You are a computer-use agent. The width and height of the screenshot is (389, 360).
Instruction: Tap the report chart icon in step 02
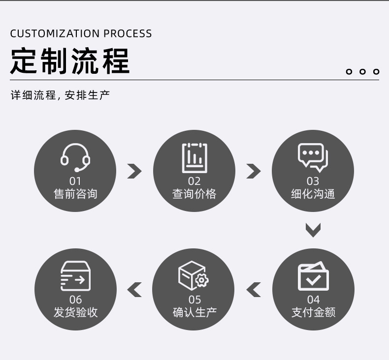(194, 157)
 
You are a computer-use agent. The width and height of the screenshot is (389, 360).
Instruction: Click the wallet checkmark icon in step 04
(313, 276)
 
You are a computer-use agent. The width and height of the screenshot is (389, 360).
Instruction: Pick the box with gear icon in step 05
(194, 275)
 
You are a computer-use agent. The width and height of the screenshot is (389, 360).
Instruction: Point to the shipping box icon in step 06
(75, 276)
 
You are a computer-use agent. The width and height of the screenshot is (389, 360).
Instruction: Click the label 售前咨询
(75, 194)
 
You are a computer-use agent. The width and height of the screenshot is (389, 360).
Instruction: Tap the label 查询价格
(194, 194)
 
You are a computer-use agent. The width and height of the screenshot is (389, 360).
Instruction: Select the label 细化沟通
(313, 194)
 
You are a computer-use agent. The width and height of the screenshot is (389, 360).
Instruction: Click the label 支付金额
(314, 312)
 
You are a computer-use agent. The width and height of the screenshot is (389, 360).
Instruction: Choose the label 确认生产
(194, 312)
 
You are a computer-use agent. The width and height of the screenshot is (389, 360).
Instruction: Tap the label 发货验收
(75, 312)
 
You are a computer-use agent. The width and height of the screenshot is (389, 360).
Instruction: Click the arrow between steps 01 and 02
(134, 171)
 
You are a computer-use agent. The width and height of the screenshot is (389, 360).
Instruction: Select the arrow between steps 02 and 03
(253, 171)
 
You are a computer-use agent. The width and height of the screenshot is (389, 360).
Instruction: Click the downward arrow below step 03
(313, 230)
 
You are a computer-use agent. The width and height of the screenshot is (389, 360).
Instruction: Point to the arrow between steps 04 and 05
(254, 290)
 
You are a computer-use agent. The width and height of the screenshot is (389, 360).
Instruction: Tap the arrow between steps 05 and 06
(134, 290)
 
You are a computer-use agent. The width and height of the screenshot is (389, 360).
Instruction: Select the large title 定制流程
(70, 61)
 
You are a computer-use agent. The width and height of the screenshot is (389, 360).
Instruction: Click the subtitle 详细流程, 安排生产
(60, 95)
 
